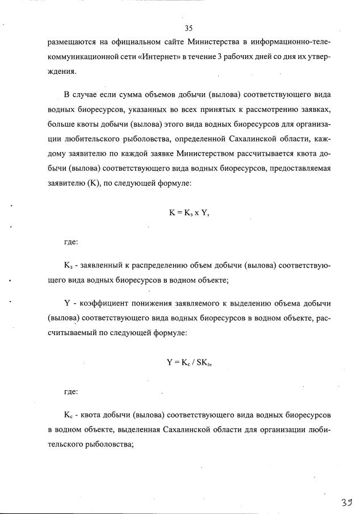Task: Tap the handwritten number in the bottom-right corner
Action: pos(346,502)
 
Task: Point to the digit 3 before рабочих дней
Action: pos(220,57)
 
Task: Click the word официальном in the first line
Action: pos(120,43)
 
